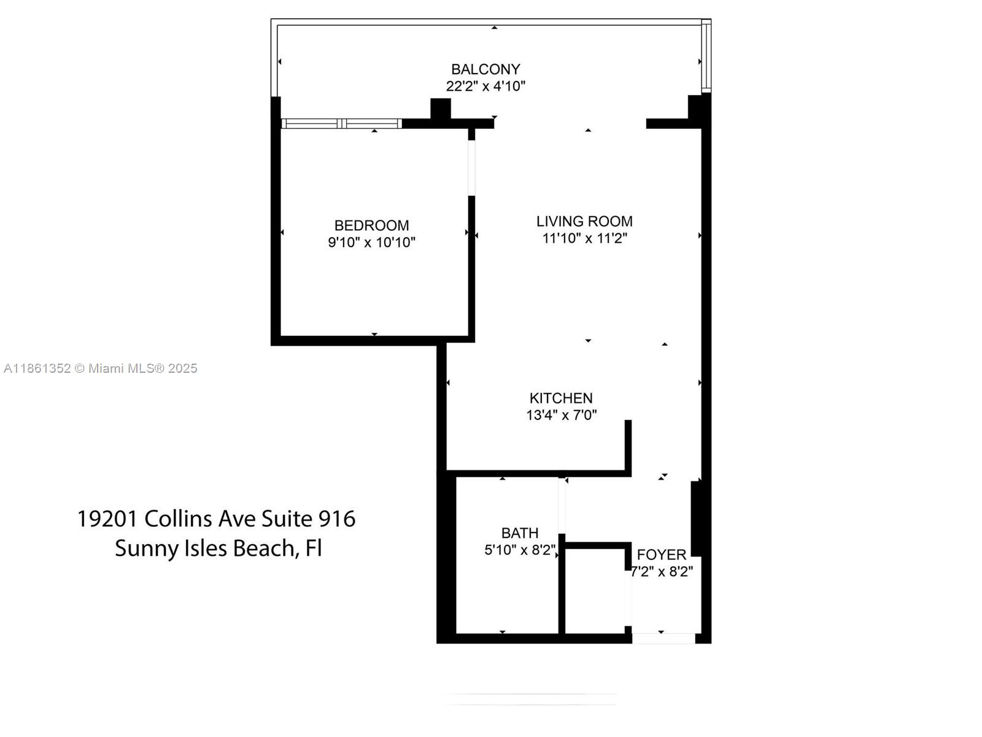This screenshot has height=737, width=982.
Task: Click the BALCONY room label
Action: [485, 69]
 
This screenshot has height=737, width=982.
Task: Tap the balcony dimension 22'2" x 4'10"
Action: [485, 86]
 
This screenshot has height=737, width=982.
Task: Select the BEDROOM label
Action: [371, 225]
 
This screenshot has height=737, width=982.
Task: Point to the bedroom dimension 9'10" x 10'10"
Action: [371, 242]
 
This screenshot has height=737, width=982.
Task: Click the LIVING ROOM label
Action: [584, 221]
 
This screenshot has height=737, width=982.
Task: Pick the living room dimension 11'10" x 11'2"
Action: [584, 238]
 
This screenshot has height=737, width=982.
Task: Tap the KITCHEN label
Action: [561, 398]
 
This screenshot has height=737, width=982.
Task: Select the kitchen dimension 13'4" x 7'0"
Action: [561, 415]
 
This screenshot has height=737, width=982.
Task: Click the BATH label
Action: [520, 533]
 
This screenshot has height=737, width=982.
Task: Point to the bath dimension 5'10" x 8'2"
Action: [520, 550]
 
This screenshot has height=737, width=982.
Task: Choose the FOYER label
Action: [662, 555]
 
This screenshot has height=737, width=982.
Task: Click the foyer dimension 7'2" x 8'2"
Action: [662, 572]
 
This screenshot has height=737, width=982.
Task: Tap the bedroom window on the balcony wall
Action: [341, 123]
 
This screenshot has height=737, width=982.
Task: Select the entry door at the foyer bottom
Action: [663, 639]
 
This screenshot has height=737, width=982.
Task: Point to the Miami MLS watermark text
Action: [100, 368]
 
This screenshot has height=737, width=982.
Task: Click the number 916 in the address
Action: [336, 519]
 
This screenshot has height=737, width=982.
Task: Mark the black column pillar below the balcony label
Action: [440, 109]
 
